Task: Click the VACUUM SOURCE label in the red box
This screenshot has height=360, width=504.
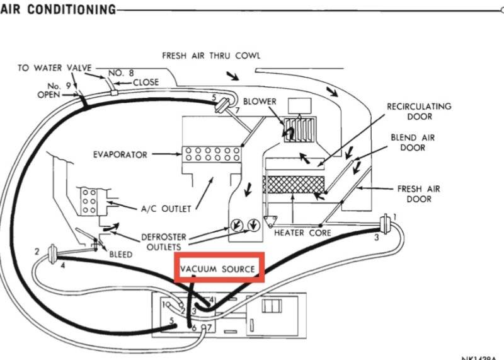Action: [x=218, y=269]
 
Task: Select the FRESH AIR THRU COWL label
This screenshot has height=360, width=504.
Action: [x=211, y=55]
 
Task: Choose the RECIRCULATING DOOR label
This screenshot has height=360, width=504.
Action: [x=418, y=112]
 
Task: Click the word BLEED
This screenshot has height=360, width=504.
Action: [x=120, y=255]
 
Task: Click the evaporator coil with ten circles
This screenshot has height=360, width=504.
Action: [x=211, y=154]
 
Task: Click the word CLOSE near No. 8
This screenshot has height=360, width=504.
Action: [x=146, y=82]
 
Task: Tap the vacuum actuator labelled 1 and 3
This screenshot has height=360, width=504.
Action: [x=385, y=225]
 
